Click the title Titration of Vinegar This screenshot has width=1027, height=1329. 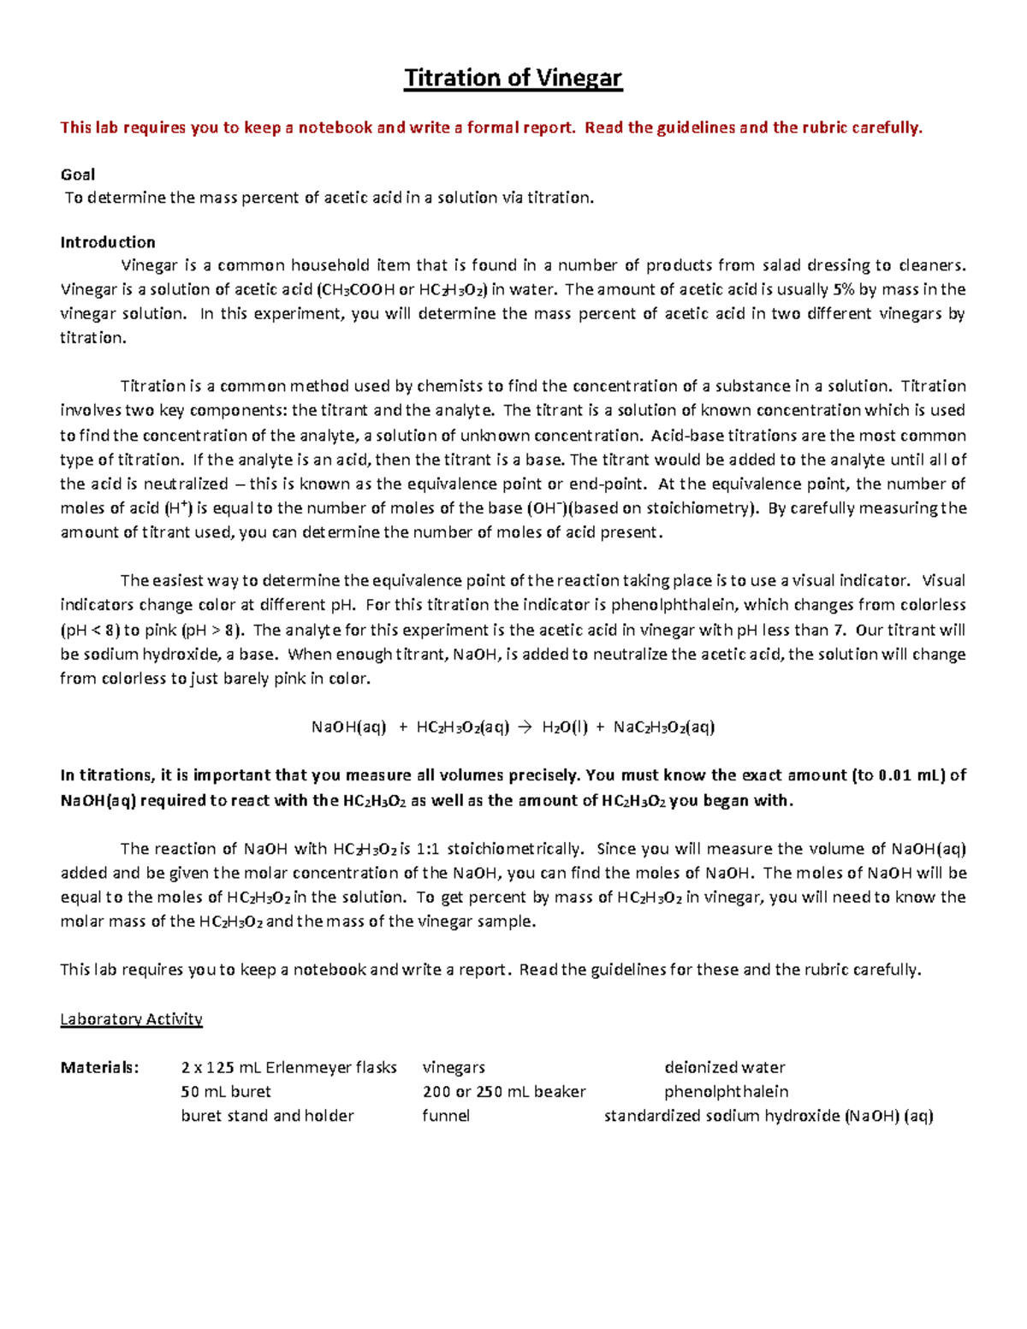tap(513, 78)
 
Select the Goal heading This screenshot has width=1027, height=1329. tap(77, 175)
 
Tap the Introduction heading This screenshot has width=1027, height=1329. tap(108, 242)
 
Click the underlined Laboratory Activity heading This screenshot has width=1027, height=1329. tap(131, 1019)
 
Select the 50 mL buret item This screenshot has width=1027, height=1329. tap(226, 1092)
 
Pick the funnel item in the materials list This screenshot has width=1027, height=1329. tap(446, 1116)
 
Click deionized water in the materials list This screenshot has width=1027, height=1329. tap(724, 1067)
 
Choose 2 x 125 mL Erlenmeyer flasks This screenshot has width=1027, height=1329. tap(288, 1067)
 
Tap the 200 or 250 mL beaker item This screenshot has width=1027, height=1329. tap(504, 1092)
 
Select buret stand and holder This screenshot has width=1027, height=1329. tap(267, 1116)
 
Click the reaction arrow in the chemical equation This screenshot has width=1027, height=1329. tap(525, 727)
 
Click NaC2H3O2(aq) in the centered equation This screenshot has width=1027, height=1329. tap(664, 727)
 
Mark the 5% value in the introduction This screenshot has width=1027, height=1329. tap(843, 289)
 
